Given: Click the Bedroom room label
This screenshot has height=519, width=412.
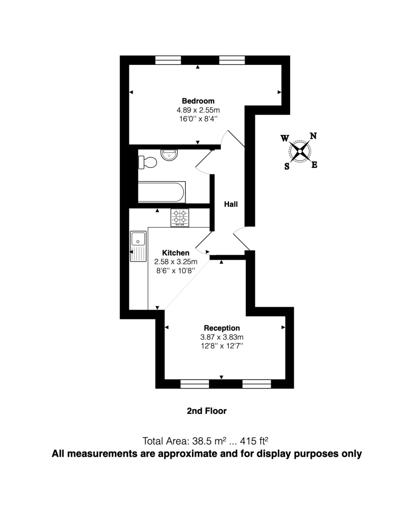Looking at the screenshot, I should point(198,101).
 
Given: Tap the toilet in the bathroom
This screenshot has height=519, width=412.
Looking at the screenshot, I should point(148,162).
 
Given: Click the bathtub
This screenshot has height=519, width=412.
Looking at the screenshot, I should point(162,192).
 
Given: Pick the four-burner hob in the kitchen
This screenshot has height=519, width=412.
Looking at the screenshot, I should point(180,218).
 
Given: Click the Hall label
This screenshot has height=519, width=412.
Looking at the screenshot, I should point(230,204).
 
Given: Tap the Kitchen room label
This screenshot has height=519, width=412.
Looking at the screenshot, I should point(176,253).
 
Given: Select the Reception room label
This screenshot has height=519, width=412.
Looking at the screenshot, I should point(221,328).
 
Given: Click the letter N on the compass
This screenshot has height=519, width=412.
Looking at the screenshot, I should point(313,136).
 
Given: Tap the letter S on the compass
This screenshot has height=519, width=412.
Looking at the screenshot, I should point(287,167).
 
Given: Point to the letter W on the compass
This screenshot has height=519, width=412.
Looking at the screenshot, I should point(285,138).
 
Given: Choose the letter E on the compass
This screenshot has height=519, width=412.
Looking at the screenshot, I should point(314,165).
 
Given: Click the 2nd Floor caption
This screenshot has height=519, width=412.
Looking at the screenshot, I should point(206,411).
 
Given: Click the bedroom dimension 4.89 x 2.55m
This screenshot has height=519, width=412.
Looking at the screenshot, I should point(198,110).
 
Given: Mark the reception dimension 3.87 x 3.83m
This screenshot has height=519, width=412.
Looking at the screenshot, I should point(221,337).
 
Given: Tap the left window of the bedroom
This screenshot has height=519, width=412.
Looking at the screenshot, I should point(168,60).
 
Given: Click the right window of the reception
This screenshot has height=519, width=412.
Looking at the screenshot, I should point(257,384).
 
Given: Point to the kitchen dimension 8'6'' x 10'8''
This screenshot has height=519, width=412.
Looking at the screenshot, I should point(176,270).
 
